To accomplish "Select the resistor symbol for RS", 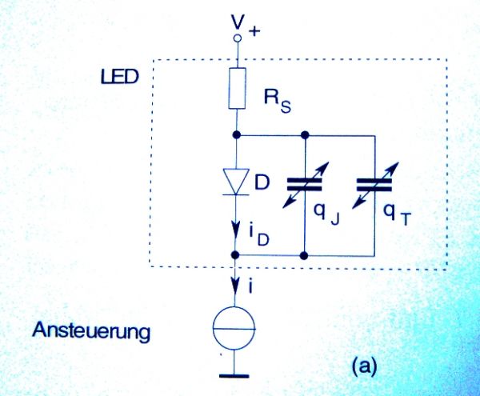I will (x=237, y=88).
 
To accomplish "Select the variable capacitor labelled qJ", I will (x=304, y=183).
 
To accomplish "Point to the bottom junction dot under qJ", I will (x=304, y=255).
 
